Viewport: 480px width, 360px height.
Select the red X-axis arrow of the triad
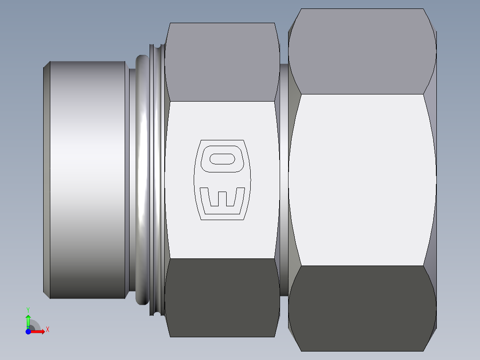(x=38, y=331)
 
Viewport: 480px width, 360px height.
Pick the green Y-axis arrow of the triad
(x=28, y=320)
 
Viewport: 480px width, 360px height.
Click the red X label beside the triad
(x=47, y=330)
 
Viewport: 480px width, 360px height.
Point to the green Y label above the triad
(x=28, y=309)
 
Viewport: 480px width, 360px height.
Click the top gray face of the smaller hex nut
(x=222, y=62)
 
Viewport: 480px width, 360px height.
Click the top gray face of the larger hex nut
(x=362, y=51)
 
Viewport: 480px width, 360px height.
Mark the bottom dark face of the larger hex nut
(x=362, y=307)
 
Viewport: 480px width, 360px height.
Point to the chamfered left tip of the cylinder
(x=46, y=178)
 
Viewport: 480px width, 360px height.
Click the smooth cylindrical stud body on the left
(x=87, y=178)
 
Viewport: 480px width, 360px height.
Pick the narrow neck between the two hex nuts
(x=284, y=178)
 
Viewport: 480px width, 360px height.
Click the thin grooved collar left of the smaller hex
(x=155, y=178)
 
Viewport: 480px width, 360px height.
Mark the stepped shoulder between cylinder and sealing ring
(x=132, y=178)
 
